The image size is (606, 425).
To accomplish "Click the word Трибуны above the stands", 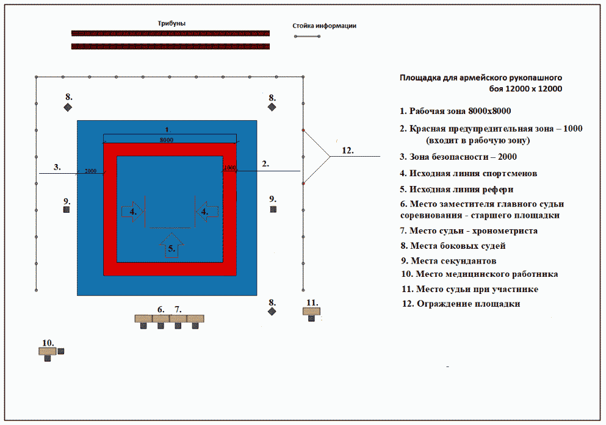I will [171, 23].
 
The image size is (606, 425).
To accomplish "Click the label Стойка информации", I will [324, 26].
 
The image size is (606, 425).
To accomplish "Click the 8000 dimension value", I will [166, 140].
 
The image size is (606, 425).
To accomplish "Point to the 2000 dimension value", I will [91, 171].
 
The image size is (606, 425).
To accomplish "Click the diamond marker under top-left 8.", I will [68, 107].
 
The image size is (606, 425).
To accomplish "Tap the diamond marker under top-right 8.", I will [272, 107].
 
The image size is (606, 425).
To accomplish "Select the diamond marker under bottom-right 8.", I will [272, 312].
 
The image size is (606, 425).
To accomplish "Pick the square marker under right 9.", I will [273, 209].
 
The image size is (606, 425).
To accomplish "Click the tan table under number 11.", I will [311, 311].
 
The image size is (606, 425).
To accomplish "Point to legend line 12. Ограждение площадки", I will [461, 304].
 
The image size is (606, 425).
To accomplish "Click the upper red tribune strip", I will [170, 33].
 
